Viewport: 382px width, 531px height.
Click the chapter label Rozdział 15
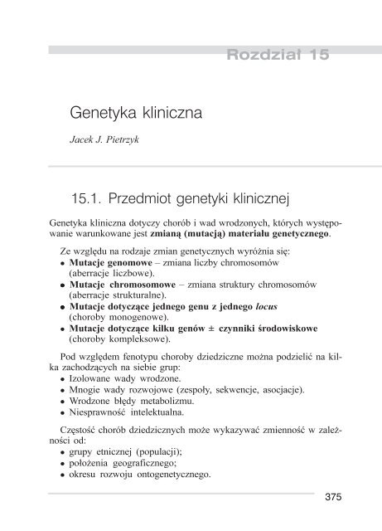[x=278, y=56]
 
